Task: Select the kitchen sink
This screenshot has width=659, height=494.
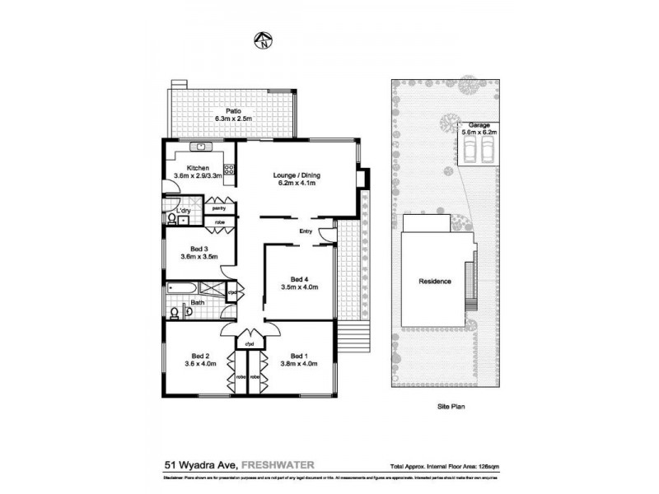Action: pyautogui.click(x=200, y=147)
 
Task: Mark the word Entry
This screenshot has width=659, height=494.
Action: pyautogui.click(x=306, y=231)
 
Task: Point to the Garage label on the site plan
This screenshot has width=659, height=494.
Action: pyautogui.click(x=479, y=125)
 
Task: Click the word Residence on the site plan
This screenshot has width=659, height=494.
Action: pyautogui.click(x=436, y=282)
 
